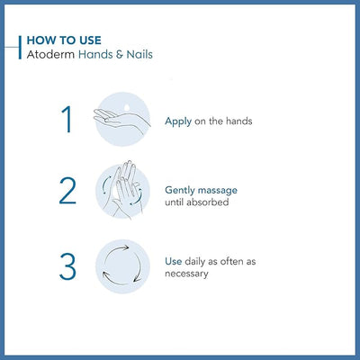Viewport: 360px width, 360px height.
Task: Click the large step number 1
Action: click(67, 120)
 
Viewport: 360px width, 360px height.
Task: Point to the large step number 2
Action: click(67, 192)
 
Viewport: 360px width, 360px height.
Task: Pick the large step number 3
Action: click(67, 266)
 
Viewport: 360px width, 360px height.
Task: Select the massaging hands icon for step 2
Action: click(121, 191)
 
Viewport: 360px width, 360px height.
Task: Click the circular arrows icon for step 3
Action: click(121, 266)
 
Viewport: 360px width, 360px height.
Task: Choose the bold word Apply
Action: click(177, 120)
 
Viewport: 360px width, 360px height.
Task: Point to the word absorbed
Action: click(207, 202)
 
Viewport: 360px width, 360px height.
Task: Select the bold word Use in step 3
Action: click(174, 261)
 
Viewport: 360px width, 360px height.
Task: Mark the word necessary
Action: click(187, 273)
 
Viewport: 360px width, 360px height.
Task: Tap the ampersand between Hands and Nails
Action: click(111, 55)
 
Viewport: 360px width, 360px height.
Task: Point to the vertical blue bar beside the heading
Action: click(19, 48)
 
